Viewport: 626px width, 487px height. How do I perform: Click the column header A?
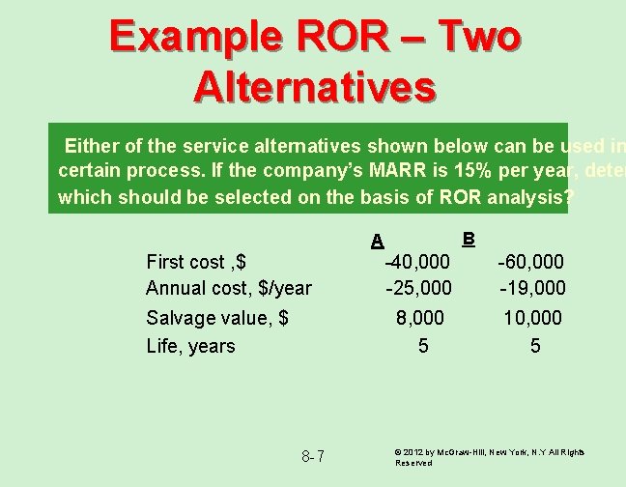[378, 241]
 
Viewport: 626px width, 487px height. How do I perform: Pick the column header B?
[469, 238]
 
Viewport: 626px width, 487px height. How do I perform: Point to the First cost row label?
[196, 261]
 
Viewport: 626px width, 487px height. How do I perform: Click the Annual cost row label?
[229, 288]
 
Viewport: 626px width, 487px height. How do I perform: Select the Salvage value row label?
[217, 318]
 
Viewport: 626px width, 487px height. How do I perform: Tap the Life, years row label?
[190, 346]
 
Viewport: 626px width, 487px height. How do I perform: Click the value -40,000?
[417, 261]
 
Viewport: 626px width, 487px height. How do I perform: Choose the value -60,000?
[531, 261]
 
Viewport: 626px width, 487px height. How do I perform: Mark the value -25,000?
[417, 288]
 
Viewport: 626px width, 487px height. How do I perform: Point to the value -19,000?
[532, 288]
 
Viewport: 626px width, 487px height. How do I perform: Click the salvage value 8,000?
[420, 318]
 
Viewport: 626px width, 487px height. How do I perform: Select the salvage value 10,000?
[532, 318]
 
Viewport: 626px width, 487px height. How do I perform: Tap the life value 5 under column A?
[423, 346]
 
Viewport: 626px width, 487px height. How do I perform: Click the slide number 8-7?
[313, 456]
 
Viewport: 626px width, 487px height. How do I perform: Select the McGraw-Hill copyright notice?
[491, 457]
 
